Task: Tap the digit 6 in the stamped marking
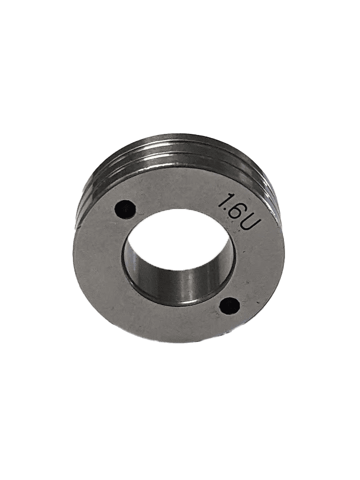[x=235, y=213]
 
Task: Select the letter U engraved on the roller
[x=247, y=226]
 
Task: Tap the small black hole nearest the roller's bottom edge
[x=230, y=305]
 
